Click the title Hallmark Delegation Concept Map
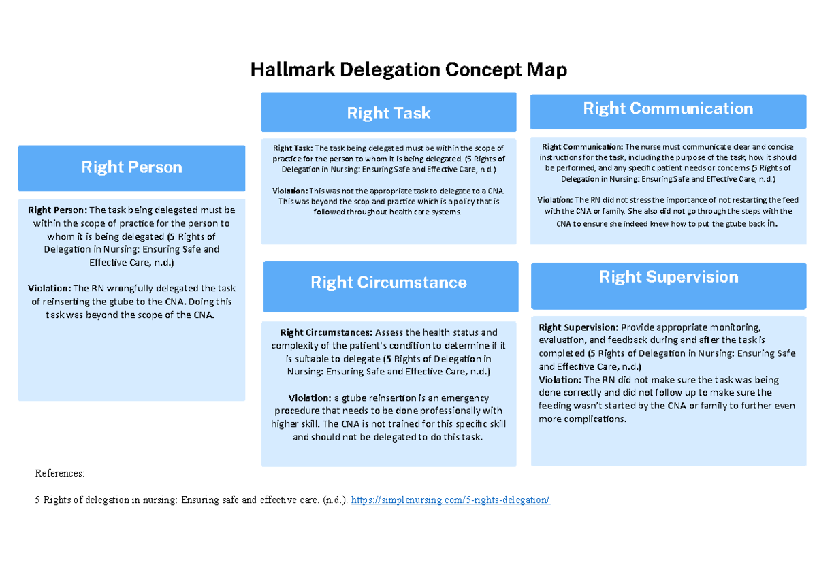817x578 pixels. [x=408, y=69]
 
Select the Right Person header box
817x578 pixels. [x=131, y=167]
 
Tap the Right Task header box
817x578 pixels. [x=389, y=113]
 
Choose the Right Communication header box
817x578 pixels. [x=668, y=109]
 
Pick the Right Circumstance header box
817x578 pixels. [x=389, y=283]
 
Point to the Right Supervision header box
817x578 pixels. [x=669, y=277]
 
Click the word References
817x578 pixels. [x=60, y=472]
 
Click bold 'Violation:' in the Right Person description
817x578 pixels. [x=49, y=289]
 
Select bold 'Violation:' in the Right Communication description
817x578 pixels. [x=555, y=200]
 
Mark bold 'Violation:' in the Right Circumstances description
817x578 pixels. [x=310, y=398]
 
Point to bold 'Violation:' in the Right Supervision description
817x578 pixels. [x=560, y=380]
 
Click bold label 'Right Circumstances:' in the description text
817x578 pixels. [x=326, y=333]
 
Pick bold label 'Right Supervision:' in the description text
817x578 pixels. [x=578, y=327]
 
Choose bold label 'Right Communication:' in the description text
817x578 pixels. [x=582, y=147]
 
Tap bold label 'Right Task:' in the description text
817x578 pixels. [x=293, y=148]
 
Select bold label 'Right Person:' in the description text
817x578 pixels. [x=57, y=210]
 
